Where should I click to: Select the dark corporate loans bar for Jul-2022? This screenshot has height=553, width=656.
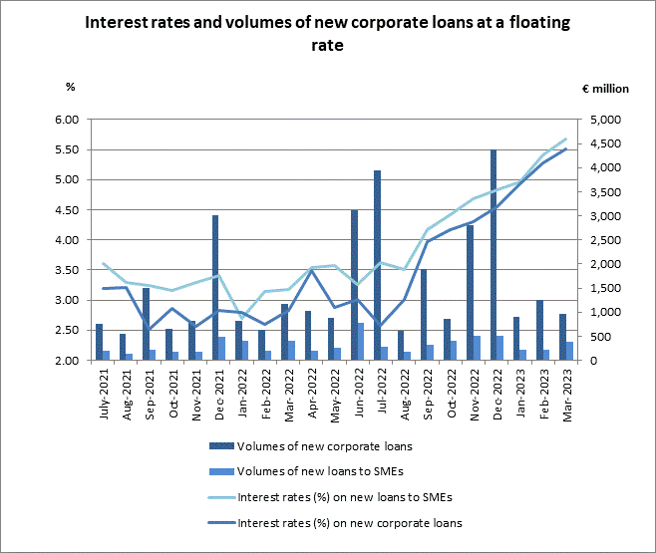click(x=377, y=265)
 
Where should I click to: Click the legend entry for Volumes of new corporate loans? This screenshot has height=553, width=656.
click(x=313, y=445)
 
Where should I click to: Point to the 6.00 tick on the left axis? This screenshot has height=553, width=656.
click(x=65, y=120)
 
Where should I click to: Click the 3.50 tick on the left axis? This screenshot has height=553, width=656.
click(x=65, y=270)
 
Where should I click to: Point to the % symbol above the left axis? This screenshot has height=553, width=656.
click(x=70, y=87)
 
